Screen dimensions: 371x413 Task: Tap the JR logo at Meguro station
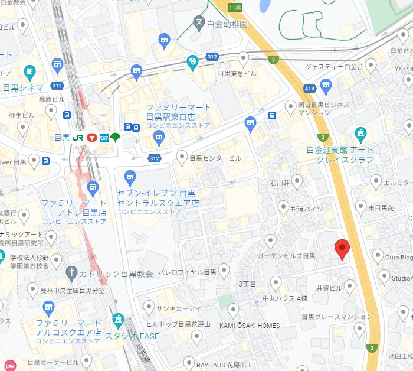pyautogui.click(x=78, y=137)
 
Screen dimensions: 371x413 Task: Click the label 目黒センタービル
pyautogui.click(x=215, y=158)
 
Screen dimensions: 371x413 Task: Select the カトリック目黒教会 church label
pyautogui.click(x=116, y=274)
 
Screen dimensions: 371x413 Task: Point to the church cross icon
pyautogui.click(x=71, y=273)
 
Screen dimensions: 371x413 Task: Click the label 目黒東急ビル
pyautogui.click(x=237, y=74)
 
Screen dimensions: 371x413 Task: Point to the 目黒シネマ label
pyautogui.click(x=23, y=88)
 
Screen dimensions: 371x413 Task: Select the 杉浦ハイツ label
pyautogui.click(x=307, y=209)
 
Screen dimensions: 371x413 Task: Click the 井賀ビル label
pyautogui.click(x=329, y=288)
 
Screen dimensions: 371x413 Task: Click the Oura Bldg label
pyautogui.click(x=399, y=257)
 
